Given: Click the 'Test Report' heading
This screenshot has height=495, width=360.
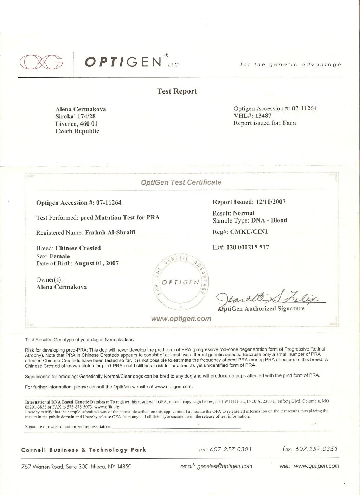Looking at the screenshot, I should point(177,91).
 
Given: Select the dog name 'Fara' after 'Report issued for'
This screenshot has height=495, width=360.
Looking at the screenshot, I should point(289,123).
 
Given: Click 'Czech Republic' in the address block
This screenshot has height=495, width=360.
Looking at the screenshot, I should point(77,131).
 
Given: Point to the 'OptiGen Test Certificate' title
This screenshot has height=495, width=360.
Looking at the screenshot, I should point(181,182).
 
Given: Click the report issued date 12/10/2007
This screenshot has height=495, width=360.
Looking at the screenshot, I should point(271,202).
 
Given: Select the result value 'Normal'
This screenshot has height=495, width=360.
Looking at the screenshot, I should point(244,213).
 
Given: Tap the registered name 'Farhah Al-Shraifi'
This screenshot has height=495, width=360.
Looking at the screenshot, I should point(110,232).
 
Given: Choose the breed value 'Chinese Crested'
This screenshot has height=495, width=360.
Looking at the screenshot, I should point(78,248).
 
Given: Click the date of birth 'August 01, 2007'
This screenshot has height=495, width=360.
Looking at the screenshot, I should point(97,263).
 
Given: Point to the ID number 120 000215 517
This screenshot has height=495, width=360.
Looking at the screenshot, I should point(247,247).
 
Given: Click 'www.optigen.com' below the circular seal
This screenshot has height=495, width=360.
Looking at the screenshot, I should point(181,319).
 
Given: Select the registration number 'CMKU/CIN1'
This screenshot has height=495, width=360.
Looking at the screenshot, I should point(249,232).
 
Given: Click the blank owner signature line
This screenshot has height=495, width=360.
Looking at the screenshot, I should point(176,426).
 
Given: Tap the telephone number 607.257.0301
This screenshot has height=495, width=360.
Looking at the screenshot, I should point(231,449).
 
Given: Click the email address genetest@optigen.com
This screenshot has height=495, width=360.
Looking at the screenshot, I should point(225,466).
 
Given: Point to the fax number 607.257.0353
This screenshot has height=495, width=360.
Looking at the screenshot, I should point(316,449).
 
